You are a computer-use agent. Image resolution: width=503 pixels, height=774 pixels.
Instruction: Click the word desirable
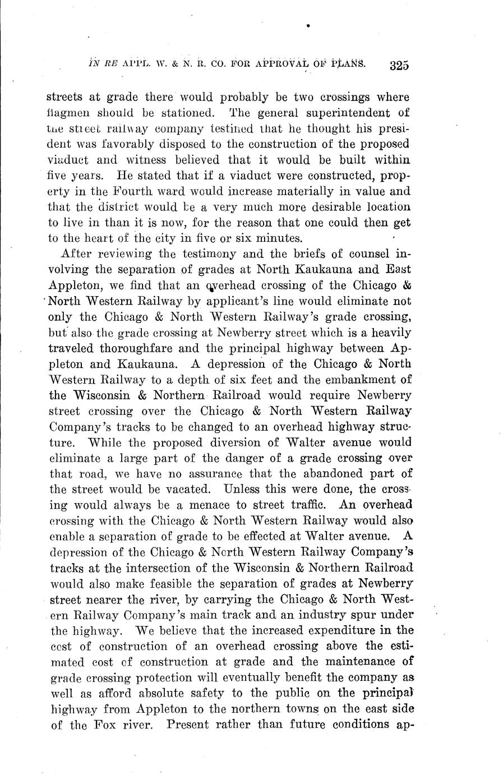pos(317,206)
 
